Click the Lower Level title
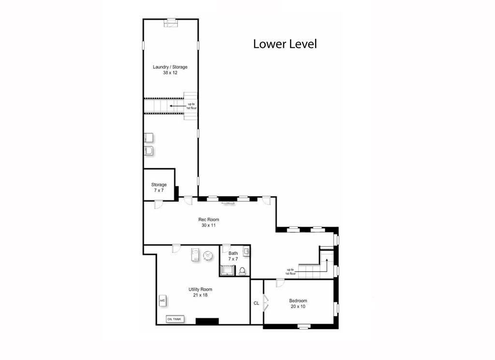click(285, 44)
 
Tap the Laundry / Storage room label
click(170, 67)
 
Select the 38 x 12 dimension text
click(170, 73)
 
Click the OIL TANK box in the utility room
click(175, 319)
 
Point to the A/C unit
click(162, 300)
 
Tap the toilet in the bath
click(242, 271)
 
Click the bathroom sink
click(246, 252)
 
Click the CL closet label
click(256, 303)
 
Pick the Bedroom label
click(298, 300)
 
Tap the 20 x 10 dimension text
click(298, 306)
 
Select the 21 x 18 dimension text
click(200, 295)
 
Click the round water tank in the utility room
click(208, 255)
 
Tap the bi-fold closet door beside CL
click(265, 303)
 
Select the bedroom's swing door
click(279, 283)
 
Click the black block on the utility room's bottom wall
click(207, 321)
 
